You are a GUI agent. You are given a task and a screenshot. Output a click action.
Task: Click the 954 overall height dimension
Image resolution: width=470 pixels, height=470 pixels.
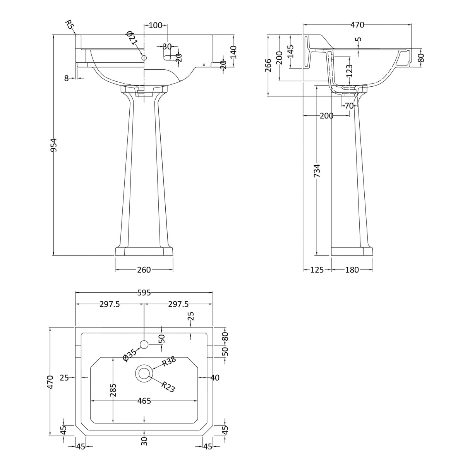point(54,145)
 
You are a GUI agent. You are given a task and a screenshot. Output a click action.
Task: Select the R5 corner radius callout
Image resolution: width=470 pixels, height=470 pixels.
point(70,25)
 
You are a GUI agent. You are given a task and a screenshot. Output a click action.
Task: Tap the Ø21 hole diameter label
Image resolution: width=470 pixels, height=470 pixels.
point(132,38)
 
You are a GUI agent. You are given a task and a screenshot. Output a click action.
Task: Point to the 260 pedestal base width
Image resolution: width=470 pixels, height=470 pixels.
point(144,270)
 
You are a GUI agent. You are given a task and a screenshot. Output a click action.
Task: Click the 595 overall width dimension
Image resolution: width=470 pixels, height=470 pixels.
point(144,293)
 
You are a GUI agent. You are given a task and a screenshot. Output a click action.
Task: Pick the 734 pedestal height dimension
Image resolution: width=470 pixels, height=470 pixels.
point(317,171)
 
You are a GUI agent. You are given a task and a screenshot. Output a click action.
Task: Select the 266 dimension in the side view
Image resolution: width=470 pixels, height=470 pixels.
point(268,65)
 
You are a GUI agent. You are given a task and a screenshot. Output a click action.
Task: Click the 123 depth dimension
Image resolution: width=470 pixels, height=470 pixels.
point(350,71)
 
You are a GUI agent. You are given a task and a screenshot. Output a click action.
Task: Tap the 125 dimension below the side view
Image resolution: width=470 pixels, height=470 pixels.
point(317,270)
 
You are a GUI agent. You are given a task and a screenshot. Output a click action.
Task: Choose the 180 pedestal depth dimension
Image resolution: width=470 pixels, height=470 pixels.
point(352,270)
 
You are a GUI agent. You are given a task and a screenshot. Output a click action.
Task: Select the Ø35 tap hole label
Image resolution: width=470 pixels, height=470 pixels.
point(130,355)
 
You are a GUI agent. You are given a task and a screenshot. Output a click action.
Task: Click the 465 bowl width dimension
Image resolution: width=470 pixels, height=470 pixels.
point(144,401)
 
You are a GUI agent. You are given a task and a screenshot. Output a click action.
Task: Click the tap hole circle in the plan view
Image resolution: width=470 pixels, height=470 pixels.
point(144,345)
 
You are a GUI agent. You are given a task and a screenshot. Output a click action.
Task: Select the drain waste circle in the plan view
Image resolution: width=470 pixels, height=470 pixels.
point(144,374)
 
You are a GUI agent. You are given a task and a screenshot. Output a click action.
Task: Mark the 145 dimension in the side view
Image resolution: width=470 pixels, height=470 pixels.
point(290,51)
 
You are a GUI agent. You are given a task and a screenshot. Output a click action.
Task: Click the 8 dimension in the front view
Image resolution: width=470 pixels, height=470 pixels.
point(66,78)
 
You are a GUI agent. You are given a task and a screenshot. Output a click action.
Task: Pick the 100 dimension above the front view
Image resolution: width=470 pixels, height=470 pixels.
point(155,25)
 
